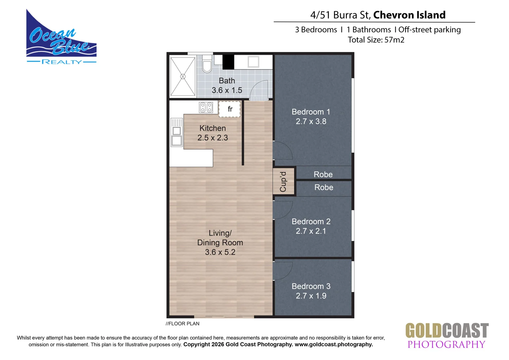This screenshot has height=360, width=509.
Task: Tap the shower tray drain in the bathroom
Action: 183,77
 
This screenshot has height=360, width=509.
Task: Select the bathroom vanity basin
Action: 253,62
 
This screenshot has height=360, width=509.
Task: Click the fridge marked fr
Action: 230,109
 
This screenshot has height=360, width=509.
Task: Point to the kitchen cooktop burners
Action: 206,107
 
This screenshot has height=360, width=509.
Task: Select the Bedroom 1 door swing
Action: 282,150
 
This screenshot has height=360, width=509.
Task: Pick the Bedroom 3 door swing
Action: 282,271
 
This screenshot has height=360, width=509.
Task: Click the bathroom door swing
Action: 259,90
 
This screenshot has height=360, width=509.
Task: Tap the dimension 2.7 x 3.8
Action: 311,121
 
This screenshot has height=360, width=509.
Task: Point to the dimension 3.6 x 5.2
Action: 220,252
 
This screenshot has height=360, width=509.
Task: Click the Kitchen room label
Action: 213,128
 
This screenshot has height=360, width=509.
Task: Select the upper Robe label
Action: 323,174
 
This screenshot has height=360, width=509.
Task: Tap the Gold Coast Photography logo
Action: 447,336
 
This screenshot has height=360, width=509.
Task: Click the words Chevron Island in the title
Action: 409,15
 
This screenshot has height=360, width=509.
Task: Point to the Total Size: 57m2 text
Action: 376,40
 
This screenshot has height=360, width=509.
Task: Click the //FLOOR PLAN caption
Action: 183,324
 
